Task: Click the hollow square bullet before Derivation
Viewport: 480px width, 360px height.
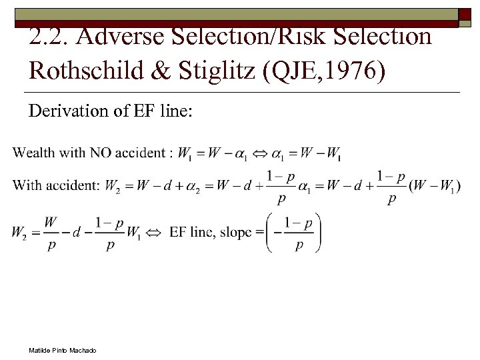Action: [17, 112]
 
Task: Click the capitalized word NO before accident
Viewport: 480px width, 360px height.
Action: [100, 153]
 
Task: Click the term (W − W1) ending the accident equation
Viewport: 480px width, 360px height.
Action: [435, 186]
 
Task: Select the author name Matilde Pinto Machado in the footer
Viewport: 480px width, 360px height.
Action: [62, 350]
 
